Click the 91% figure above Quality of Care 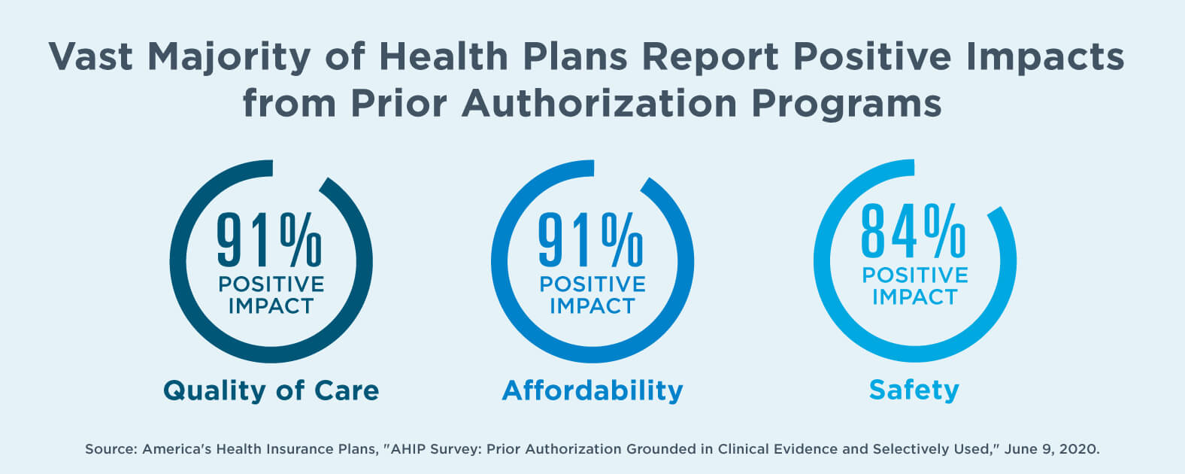269,240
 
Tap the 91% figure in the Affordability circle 591,240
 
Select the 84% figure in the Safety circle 913,231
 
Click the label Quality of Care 271,390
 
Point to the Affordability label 592,390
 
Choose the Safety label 914,390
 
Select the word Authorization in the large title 599,103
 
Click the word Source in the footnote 110,449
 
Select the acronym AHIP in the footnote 409,449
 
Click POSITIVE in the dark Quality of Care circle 271,284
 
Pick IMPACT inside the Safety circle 914,297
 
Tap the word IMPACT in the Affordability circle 592,306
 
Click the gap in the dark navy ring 299,170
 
